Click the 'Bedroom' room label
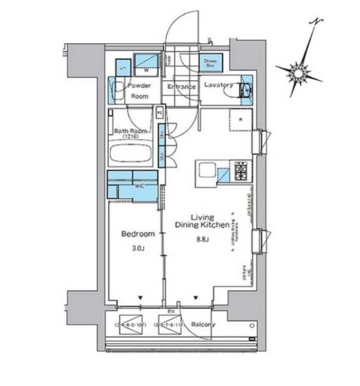tap(138, 234)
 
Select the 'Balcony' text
tap(203, 325)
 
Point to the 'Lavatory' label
tap(218, 85)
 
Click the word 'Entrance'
tap(182, 87)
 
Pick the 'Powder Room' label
tap(139, 90)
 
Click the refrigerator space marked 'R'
tap(240, 120)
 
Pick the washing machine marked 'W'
tap(145, 63)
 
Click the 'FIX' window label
tap(171, 312)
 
